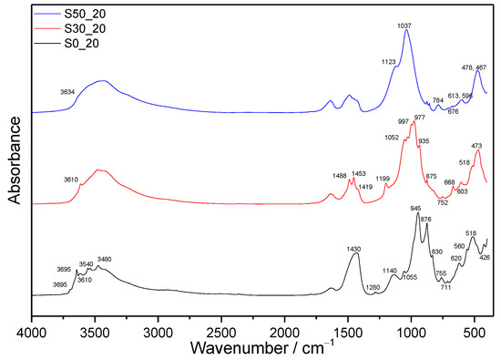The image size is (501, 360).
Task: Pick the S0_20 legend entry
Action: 75,43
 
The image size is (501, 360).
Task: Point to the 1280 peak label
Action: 372,288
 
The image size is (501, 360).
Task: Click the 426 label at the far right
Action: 485,258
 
